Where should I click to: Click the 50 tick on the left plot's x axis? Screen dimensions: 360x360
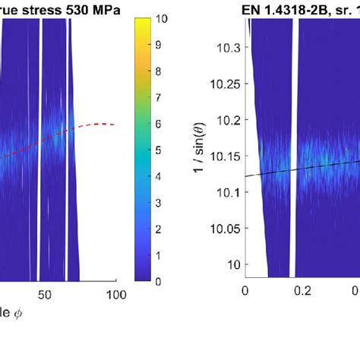[43, 294]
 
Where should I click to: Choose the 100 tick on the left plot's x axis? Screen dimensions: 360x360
[116, 294]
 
